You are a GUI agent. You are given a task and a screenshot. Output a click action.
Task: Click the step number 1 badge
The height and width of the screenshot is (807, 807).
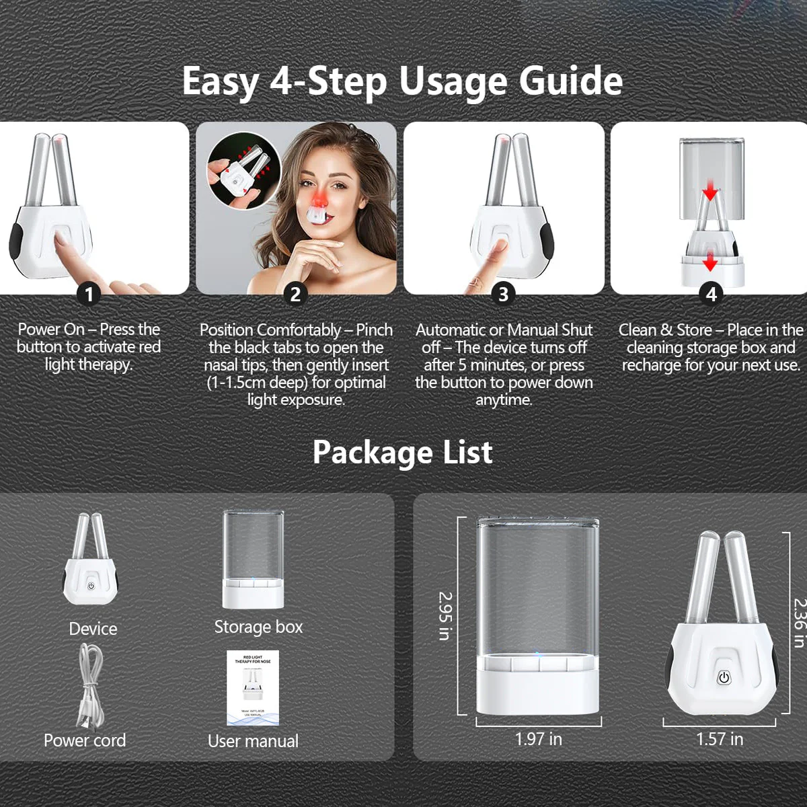coord(89,294)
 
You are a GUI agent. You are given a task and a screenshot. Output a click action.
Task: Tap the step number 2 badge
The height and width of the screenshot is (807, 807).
coord(295,294)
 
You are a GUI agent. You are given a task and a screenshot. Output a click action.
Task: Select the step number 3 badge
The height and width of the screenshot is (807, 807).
coord(503,294)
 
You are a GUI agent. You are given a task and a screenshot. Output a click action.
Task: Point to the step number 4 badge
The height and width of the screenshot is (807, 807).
coord(711,294)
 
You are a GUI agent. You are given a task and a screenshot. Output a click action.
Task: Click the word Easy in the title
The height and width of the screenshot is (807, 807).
coord(221,81)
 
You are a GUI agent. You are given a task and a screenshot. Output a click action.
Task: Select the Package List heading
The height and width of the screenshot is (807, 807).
coord(402,453)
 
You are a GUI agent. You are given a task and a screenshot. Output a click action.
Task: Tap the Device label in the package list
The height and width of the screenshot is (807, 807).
coord(93,629)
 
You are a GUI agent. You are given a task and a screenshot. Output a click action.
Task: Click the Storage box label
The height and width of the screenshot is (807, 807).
coord(258,627)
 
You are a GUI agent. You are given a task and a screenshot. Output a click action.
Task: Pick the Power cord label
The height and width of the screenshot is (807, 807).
coord(85,740)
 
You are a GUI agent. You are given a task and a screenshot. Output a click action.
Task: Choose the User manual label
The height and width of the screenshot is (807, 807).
coord(253,741)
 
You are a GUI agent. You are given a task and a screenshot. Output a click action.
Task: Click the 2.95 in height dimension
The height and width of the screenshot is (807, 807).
coord(445,615)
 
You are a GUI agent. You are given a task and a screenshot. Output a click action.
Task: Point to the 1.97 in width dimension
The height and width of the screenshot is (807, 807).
coord(538,739)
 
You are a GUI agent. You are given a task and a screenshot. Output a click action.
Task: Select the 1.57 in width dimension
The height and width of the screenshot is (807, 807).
coord(720,739)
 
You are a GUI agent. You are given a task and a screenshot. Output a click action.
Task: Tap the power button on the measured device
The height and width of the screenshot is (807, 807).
coord(724,678)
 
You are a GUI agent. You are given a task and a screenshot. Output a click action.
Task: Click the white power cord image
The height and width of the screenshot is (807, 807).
coord(89,686)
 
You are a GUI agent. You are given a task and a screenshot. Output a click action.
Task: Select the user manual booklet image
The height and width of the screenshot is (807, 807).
coord(253,687)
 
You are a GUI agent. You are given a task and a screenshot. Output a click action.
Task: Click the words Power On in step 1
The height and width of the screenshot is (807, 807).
coord(51,330)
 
